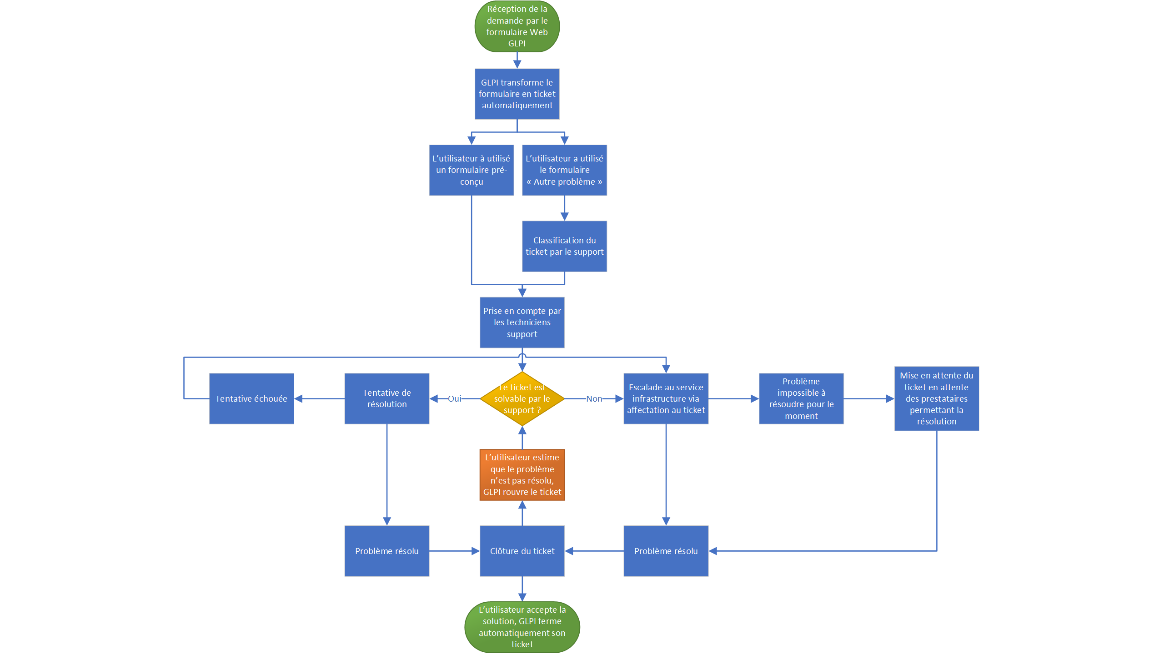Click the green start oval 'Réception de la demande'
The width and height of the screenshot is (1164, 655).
[517, 26]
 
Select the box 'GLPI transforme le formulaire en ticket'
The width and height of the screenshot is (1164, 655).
[517, 94]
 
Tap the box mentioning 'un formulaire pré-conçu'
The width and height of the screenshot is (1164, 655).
[472, 170]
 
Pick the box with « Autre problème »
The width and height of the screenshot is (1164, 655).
[564, 170]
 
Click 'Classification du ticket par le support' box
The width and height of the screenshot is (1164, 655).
[564, 246]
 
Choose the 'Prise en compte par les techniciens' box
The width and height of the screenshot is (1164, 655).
[522, 322]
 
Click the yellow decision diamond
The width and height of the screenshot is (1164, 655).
[522, 399]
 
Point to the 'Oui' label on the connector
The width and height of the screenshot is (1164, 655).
[454, 399]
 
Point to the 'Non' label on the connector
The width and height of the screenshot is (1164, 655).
[594, 399]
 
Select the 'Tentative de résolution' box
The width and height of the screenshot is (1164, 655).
[386, 399]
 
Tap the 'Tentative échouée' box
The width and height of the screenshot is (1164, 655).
[251, 399]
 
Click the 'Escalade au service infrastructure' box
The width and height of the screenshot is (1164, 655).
[666, 399]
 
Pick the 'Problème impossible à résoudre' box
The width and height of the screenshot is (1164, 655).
[801, 399]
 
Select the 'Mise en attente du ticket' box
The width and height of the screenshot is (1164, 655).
[936, 398]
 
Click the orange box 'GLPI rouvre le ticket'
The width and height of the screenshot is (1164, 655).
[522, 475]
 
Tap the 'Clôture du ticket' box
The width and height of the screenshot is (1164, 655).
[522, 551]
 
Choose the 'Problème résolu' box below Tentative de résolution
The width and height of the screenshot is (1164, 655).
[386, 551]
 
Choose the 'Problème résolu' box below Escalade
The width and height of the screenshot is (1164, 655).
[666, 551]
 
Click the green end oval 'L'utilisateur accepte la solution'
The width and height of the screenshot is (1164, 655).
[522, 627]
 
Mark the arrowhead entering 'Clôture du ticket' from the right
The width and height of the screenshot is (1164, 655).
[569, 551]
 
